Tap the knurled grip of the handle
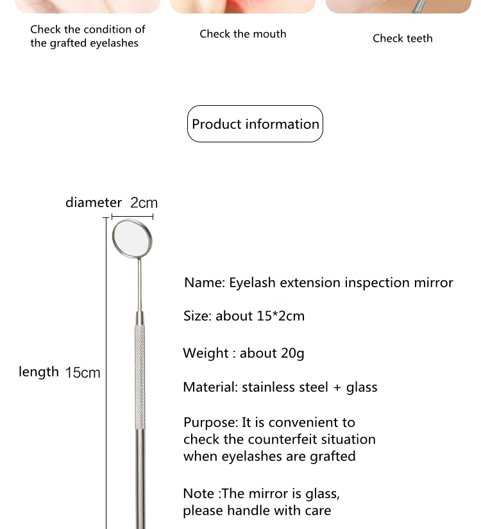pos(139,372)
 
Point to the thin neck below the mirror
pos(138,282)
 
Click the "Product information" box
pos(255,124)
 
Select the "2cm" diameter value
pos(144,203)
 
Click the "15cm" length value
pos(83,373)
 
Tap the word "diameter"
pos(94,203)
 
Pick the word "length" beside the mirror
pos(38,371)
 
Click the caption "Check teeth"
pos(403,38)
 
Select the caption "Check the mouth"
pos(243,34)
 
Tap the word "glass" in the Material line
pos(362,387)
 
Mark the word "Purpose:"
pos(210,423)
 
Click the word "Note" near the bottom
pos(199,494)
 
